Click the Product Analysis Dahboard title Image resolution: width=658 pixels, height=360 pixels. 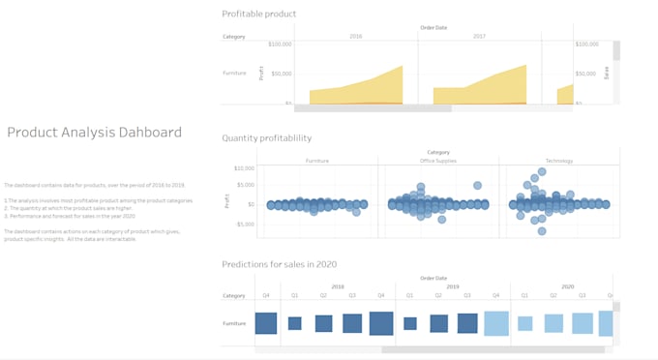coord(94,133)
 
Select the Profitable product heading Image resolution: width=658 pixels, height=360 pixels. coord(258,14)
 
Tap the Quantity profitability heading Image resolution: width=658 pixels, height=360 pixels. coord(266,138)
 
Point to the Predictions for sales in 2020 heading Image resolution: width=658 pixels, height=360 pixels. coord(279,264)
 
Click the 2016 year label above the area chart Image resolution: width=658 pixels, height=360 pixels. coord(355,37)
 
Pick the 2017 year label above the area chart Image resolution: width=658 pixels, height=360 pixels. coord(479,37)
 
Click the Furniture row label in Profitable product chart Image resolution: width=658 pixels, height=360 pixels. coord(234,73)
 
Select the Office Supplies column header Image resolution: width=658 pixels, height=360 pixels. coord(438,161)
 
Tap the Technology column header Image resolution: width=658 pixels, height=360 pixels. coord(560,161)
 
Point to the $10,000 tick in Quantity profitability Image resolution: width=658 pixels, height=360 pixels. coord(243,168)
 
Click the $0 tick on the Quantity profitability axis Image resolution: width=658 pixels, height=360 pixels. coord(250,204)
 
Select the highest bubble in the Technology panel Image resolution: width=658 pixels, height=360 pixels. coord(542,171)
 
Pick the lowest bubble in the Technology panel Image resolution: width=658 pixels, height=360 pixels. coord(542,231)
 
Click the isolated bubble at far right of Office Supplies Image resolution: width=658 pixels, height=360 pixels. coord(477,185)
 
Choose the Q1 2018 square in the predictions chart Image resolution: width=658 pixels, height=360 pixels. coord(295,323)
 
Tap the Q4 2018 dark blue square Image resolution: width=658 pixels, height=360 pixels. coord(381,323)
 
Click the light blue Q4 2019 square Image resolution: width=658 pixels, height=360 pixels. coord(496,323)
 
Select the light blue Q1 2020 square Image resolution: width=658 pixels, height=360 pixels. coord(524,323)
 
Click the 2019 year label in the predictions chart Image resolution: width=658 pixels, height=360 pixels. coord(452,286)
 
